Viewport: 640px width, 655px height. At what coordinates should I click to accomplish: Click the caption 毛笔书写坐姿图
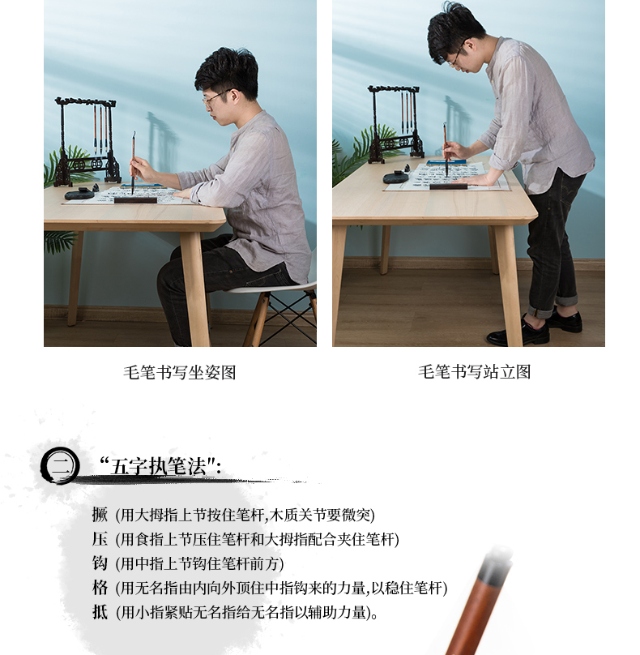pos(180,372)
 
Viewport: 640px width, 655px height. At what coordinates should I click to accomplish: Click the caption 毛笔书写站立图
pos(474,372)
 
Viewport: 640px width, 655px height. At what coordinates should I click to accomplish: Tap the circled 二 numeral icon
pos(60,465)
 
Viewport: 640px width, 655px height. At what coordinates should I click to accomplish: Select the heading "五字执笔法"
pos(160,466)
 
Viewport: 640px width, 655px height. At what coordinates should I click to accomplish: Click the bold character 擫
pos(100,514)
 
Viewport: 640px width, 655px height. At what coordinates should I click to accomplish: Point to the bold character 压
pos(100,539)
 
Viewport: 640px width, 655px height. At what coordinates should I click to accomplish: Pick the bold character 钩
pos(100,563)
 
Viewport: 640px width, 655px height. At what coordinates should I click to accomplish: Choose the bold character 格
pos(100,588)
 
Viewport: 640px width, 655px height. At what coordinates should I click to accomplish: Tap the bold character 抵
pos(100,612)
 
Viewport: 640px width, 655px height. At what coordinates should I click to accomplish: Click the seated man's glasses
pos(216,97)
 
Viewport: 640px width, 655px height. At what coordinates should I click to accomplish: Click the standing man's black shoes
pos(535,328)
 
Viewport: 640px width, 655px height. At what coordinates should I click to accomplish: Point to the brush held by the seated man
pos(134,163)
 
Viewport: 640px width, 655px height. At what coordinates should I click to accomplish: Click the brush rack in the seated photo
pos(87,141)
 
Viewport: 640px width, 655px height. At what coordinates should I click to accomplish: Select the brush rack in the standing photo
pos(395,124)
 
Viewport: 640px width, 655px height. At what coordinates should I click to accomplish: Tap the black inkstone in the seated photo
pos(79,195)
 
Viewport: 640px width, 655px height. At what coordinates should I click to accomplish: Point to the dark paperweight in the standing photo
pos(448,186)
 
